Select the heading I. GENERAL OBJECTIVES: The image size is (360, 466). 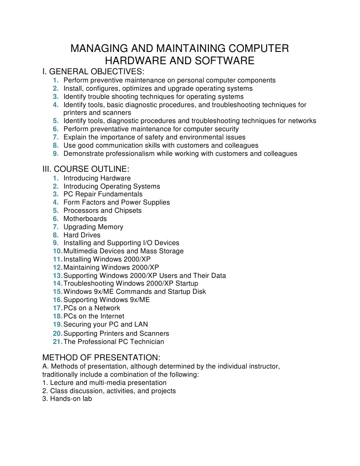(93, 72)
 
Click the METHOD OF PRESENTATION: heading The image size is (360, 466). (101, 358)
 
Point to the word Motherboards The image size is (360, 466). (85, 219)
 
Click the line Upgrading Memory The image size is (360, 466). (93, 227)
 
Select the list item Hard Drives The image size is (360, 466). (82, 235)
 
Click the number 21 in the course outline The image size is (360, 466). (57, 342)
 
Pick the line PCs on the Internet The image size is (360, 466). (94, 316)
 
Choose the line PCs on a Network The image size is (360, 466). (92, 308)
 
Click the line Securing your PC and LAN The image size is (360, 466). (106, 324)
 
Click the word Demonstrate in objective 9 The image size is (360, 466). (83, 154)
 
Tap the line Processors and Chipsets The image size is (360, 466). (102, 210)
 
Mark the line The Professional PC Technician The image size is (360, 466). (114, 342)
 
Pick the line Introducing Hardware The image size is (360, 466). (97, 178)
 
